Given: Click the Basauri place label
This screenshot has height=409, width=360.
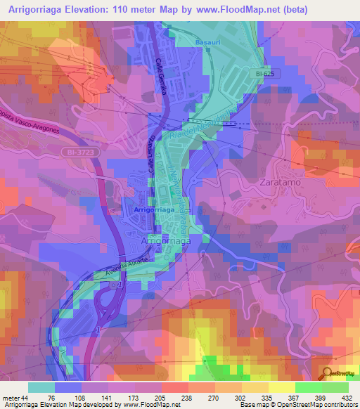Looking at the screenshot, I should [207, 43].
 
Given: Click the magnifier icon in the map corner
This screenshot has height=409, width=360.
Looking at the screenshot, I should [328, 374].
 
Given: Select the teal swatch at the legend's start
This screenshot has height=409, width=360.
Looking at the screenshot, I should [41, 387].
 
